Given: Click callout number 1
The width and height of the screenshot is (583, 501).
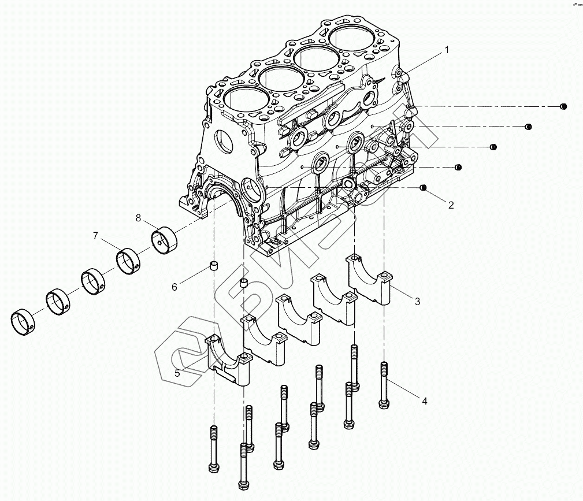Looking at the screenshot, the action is pyautogui.click(x=446, y=50).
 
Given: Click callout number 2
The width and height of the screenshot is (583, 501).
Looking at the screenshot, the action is pyautogui.click(x=451, y=204).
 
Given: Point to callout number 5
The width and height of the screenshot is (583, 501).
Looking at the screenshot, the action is pyautogui.click(x=177, y=373).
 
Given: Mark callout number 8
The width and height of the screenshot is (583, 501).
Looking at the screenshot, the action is pyautogui.click(x=138, y=218).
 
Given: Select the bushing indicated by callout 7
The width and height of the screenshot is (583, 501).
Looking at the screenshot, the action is pyautogui.click(x=129, y=261).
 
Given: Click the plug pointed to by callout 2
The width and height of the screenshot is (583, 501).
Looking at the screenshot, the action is pyautogui.click(x=423, y=188).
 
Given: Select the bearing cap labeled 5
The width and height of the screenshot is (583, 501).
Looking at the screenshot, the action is pyautogui.click(x=230, y=361).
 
